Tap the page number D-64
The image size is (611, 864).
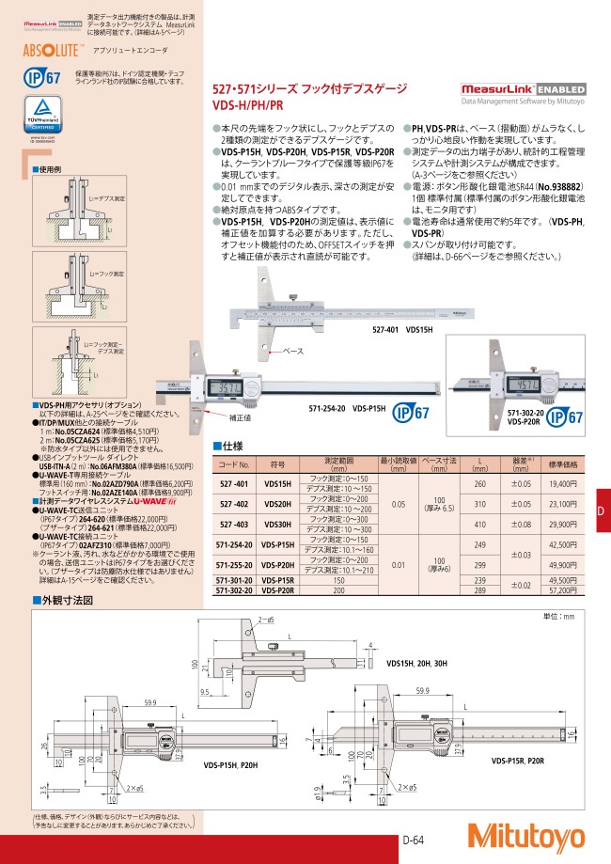pos(416,840)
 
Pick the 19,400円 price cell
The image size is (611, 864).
pos(562,483)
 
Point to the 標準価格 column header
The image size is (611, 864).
pos(562,463)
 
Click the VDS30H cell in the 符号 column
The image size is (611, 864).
pos(277,525)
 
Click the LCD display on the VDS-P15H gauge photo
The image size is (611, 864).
pos(223,388)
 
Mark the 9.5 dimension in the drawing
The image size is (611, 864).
pos(204,691)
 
